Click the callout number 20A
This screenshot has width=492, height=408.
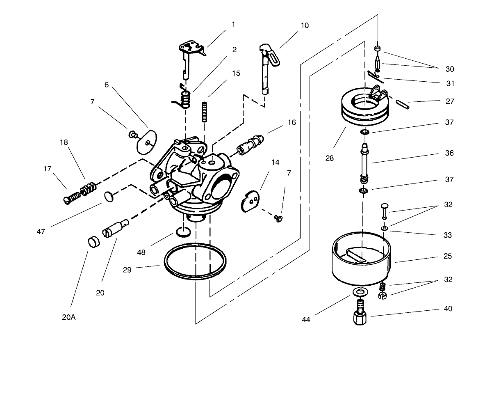[69, 317]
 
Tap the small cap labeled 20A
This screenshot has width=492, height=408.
[94, 241]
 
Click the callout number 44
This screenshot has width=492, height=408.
[306, 320]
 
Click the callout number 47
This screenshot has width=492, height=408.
[41, 232]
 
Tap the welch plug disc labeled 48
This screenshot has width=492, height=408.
[183, 232]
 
